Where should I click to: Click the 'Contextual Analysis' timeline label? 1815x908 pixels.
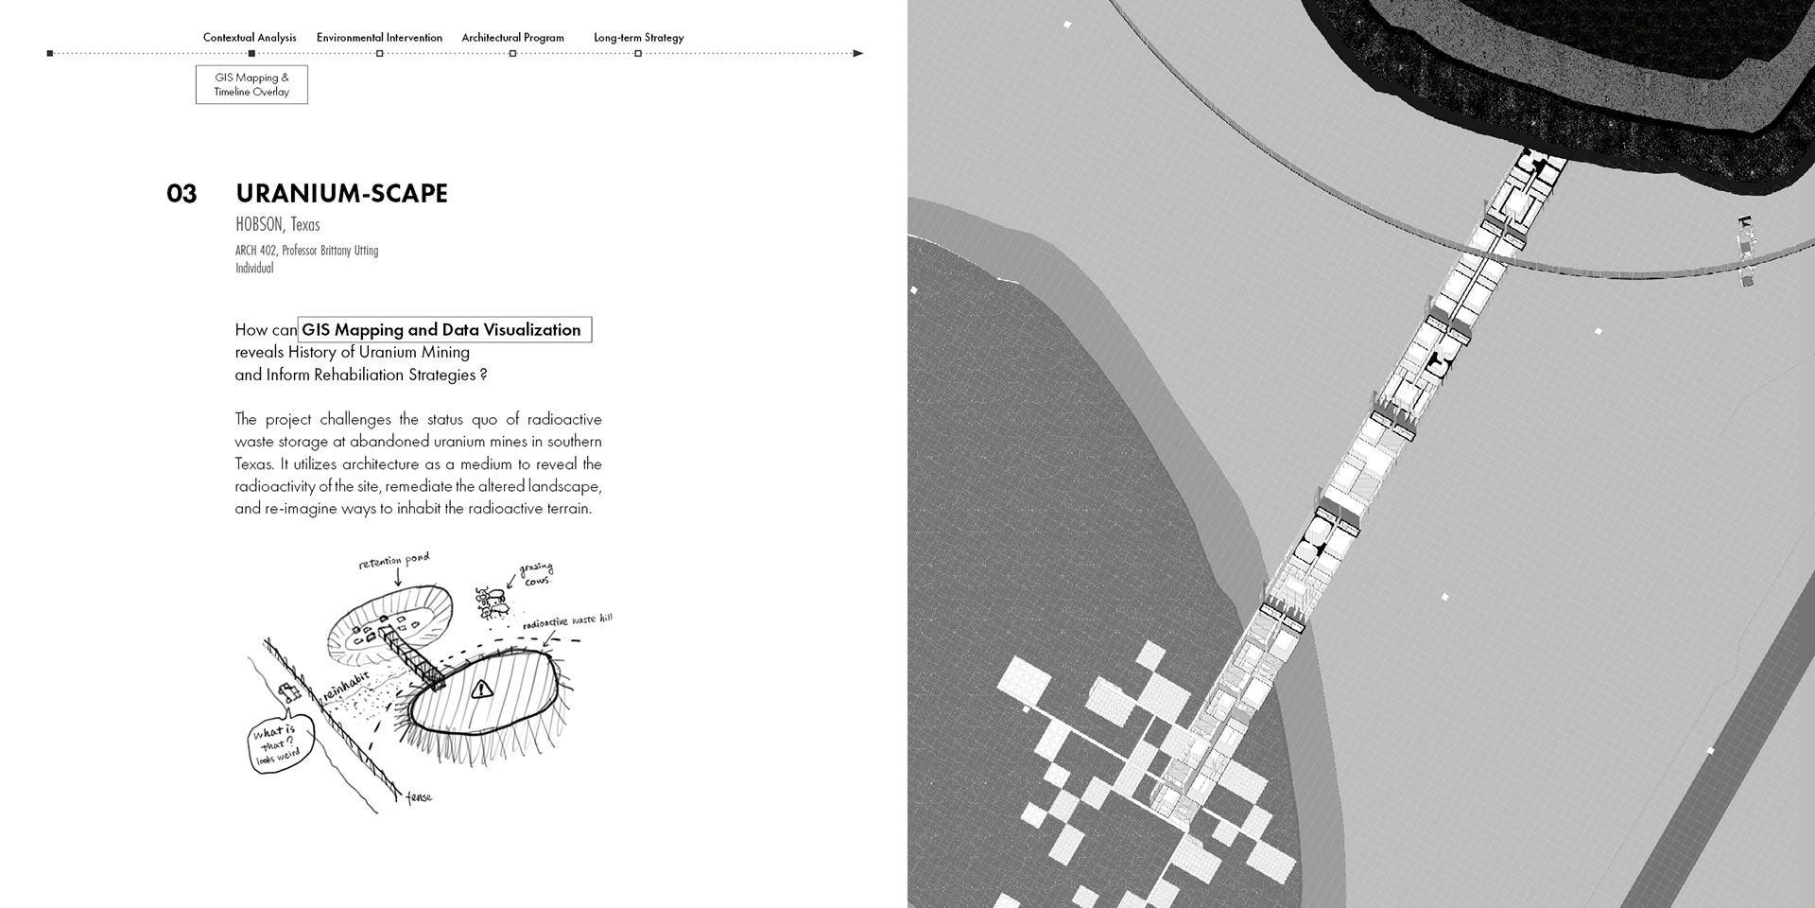point(250,38)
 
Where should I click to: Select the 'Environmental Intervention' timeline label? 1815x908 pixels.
point(379,38)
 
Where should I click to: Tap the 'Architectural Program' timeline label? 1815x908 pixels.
point(512,38)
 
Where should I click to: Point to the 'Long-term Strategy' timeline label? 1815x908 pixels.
point(638,38)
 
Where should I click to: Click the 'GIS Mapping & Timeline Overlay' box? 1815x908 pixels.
point(251,84)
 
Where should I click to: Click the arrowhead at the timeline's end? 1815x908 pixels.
point(858,53)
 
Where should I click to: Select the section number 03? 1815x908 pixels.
point(181,194)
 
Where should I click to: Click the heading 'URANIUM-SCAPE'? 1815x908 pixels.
point(341,193)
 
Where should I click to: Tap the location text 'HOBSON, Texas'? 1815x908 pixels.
point(278,224)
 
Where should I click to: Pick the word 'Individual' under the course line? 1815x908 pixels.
point(254,268)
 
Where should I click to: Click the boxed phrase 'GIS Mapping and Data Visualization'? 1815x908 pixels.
point(444,329)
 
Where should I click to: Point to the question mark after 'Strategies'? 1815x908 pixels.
point(483,375)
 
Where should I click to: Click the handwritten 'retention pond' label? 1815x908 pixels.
point(394,561)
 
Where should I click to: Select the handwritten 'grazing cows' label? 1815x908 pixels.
point(537,573)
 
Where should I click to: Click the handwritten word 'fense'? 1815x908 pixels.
point(419,797)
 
